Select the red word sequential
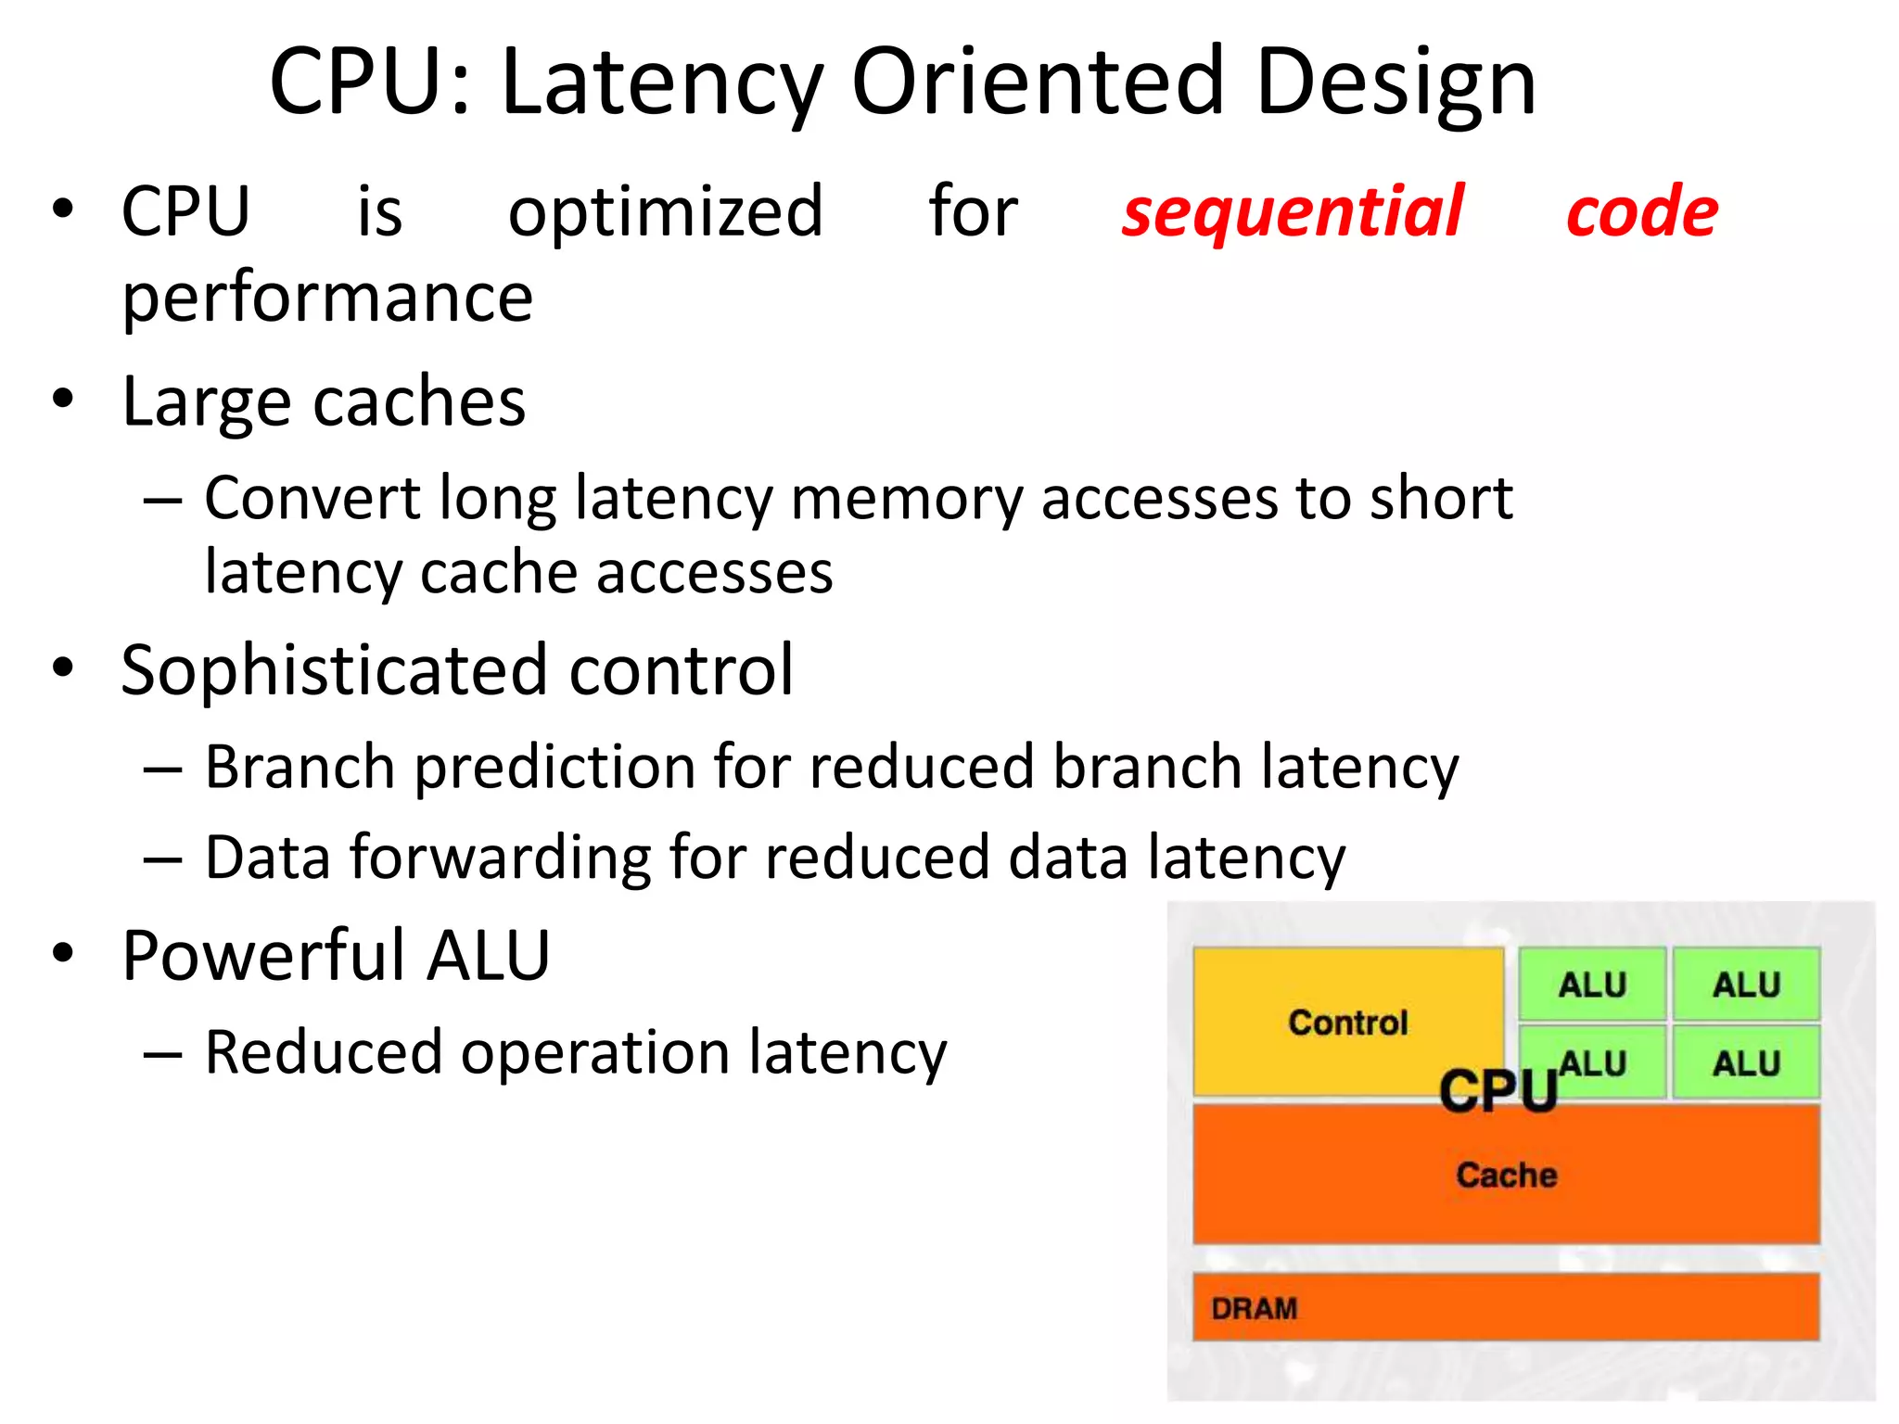tap(1293, 211)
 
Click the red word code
tap(1642, 211)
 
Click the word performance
tap(327, 299)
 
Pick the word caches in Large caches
tap(419, 402)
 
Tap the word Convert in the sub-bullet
tap(312, 498)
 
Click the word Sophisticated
tap(335, 669)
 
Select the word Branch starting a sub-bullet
tap(300, 767)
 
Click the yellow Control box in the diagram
tap(1347, 1022)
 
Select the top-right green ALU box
tap(1746, 985)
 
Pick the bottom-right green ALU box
tap(1746, 1062)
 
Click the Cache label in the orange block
tap(1506, 1175)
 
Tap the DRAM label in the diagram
tap(1254, 1308)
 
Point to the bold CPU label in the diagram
tap(1498, 1091)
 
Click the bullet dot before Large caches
tap(63, 400)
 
